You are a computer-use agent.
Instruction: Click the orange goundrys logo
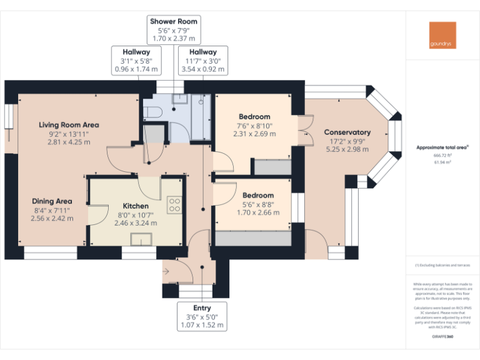click(x=442, y=36)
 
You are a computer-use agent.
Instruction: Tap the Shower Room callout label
click(x=174, y=30)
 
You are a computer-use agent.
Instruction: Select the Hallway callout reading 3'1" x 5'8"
click(x=136, y=61)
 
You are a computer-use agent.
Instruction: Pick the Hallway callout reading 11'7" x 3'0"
click(x=203, y=61)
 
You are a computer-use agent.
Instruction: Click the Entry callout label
click(x=202, y=316)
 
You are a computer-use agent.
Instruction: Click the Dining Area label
click(x=52, y=209)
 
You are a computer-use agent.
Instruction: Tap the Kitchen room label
click(x=136, y=214)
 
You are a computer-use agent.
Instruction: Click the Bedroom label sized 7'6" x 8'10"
click(x=254, y=125)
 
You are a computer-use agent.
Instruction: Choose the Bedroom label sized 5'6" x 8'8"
click(x=258, y=204)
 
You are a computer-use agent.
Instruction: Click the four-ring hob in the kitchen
click(x=174, y=205)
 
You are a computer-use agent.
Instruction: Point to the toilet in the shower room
click(x=152, y=112)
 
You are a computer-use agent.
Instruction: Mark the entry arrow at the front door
click(x=167, y=271)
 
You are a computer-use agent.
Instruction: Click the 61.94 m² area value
click(x=442, y=161)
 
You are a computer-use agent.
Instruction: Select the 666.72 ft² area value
click(x=442, y=155)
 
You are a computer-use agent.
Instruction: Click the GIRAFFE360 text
click(x=442, y=336)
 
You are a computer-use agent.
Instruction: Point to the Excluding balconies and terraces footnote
click(x=442, y=265)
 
